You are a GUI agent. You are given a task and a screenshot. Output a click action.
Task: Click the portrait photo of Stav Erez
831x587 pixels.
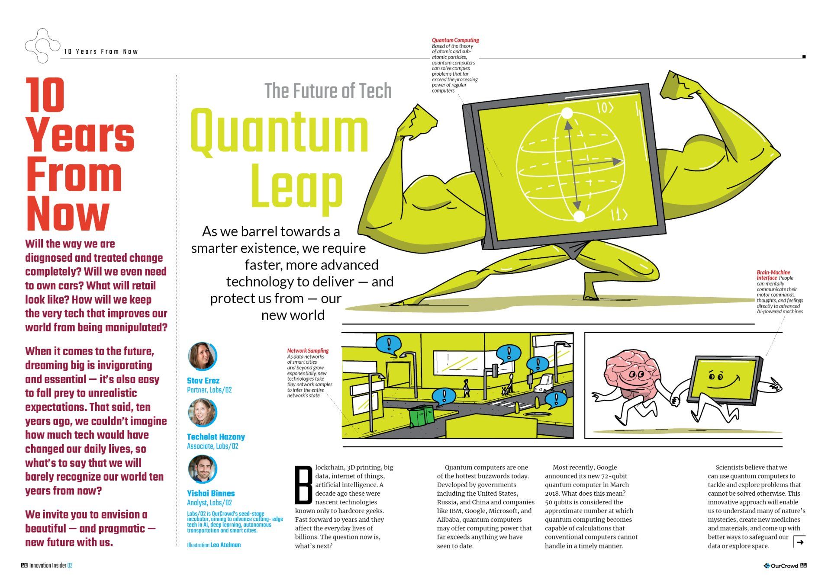coord(202,356)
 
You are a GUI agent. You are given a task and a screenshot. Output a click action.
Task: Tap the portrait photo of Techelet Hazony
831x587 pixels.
coord(202,412)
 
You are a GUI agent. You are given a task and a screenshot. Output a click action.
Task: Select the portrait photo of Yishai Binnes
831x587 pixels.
coord(202,469)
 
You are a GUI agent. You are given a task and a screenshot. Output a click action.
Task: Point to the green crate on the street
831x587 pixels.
coord(422,415)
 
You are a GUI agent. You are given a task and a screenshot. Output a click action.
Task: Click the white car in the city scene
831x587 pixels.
coord(544,383)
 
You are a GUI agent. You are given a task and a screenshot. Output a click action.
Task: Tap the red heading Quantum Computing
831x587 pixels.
coord(455,40)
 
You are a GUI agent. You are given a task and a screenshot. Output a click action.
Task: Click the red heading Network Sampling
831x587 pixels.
coord(308,351)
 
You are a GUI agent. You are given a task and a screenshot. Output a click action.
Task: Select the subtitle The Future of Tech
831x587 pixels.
coord(328,91)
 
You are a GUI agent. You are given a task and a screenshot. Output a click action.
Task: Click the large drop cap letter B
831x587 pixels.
coord(303,485)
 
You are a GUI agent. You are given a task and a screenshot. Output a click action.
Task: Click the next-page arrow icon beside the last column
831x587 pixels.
coord(799,542)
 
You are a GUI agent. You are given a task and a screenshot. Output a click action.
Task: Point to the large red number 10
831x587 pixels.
coord(45,95)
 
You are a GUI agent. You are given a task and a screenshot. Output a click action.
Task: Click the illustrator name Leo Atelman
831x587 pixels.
coord(225,545)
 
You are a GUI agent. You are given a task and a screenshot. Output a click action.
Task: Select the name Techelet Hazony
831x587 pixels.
coord(216,437)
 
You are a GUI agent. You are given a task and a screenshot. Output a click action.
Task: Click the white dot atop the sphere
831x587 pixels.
coord(567,113)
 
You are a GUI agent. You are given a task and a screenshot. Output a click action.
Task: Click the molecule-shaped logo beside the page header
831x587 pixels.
coord(42,46)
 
